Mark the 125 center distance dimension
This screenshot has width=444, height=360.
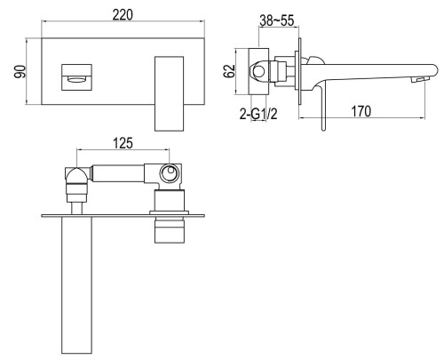pos(123,140)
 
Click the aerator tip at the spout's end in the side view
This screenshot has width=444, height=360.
pos(413,81)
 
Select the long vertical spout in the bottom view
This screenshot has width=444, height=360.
pos(76,284)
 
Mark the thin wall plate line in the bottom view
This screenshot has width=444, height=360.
pos(124,214)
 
